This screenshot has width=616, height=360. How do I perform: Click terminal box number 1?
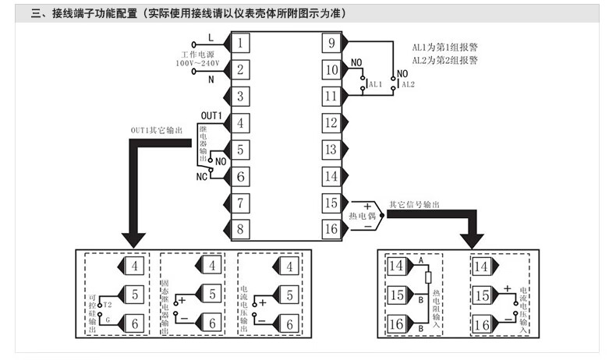[x=243, y=43]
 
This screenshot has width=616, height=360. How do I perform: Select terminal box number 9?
[x=332, y=43]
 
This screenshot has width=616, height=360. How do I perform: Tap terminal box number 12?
[x=332, y=122]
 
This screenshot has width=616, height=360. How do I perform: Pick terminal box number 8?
[x=243, y=229]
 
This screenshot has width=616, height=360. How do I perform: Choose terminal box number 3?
[x=243, y=96]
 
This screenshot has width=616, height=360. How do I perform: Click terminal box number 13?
[x=332, y=150]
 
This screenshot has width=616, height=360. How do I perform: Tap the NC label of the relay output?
[x=201, y=176]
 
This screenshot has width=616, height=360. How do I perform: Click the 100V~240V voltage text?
[x=199, y=63]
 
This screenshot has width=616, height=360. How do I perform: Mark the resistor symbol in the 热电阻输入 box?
[x=427, y=277]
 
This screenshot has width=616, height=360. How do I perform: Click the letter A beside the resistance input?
[x=421, y=260]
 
